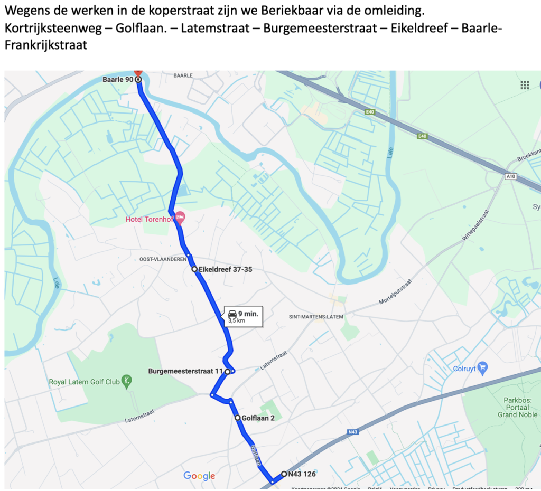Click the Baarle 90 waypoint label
click(x=117, y=79)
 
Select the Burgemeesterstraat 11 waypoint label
click(x=185, y=371)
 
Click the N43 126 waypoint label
click(x=302, y=474)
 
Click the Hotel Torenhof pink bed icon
click(x=180, y=217)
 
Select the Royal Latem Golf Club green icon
click(x=126, y=381)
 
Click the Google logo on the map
click(x=199, y=476)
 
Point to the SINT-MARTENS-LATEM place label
click(x=316, y=317)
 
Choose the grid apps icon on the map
click(x=525, y=85)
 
